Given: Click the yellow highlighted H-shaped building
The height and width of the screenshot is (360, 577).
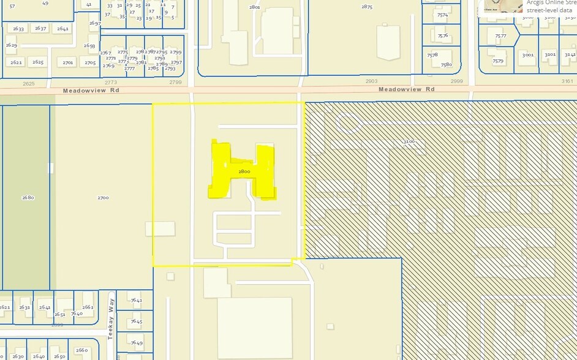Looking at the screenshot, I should tap(243, 171).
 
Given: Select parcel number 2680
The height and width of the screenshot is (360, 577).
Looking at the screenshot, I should tap(28, 198).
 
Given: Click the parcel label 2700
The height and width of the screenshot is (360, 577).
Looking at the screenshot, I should tap(103, 198).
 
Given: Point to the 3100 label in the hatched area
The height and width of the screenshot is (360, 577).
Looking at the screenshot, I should tap(409, 141).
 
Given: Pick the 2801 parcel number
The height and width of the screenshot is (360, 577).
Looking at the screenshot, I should tap(255, 7).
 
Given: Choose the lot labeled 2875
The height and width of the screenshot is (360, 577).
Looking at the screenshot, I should tap(367, 7).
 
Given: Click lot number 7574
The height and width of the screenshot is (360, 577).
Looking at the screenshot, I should tap(442, 15).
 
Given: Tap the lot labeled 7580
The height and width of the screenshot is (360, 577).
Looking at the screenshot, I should tap(446, 64).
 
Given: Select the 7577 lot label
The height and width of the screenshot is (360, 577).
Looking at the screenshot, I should tap(500, 36).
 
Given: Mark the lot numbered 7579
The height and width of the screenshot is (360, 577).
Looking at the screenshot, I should tap(497, 61).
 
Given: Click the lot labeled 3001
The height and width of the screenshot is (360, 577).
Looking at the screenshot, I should tap(527, 54).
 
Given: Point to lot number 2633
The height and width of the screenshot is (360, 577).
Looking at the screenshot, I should tap(18, 29).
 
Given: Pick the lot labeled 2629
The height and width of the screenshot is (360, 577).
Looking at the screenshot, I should tap(11, 45).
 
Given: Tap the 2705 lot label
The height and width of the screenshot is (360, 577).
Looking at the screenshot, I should tap(90, 62).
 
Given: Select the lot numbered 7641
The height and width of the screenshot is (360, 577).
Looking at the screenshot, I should tap(136, 300).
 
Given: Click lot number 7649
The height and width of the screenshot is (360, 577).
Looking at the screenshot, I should tap(136, 343).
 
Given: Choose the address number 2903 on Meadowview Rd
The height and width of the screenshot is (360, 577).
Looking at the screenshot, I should tap(371, 81).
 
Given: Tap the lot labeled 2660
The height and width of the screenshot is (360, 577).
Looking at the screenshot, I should tap(81, 350).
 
